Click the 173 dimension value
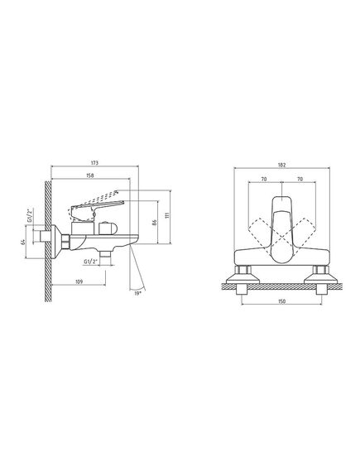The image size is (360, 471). [x=94, y=163]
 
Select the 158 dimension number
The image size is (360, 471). [x=90, y=175]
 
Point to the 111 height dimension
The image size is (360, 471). [x=167, y=215]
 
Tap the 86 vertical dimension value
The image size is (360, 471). [x=155, y=223]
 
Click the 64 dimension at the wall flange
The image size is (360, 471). [x=23, y=242]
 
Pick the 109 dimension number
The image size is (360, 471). [x=79, y=281]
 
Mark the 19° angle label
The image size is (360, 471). [x=137, y=294]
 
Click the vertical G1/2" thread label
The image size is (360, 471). [x=30, y=215]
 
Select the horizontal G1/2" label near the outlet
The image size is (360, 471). [x=91, y=262]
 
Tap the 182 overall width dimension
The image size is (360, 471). [x=281, y=165]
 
